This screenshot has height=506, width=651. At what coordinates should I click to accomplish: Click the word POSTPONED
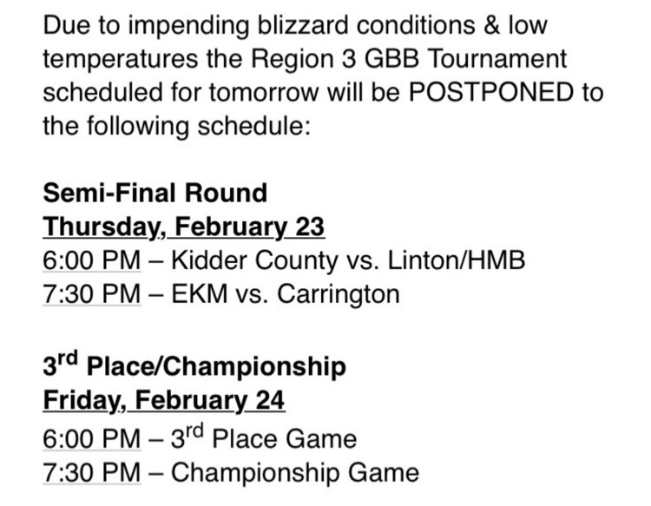pos(491,92)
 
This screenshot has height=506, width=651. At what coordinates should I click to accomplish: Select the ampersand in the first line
pos(491,25)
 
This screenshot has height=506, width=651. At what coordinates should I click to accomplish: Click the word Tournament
pos(496,58)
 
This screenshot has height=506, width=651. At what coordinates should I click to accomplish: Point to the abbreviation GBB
pos(391,58)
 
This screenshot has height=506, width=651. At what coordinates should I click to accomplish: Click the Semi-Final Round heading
pos(155,193)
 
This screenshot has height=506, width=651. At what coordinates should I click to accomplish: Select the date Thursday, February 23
pos(184,227)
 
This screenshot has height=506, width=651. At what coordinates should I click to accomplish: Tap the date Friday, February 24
pos(164,400)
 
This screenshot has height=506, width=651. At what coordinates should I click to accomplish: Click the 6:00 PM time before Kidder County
pos(92,260)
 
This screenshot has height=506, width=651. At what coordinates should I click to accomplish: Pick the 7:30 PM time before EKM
pos(92,294)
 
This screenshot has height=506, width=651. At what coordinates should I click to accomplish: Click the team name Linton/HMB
pos(457,260)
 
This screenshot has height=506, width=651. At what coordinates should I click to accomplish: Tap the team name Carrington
pos(339,295)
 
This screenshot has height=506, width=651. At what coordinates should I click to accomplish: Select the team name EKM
pos(200,294)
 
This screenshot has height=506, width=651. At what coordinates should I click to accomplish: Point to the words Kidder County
pos(254,260)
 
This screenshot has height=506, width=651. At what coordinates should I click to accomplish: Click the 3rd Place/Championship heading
pos(194,365)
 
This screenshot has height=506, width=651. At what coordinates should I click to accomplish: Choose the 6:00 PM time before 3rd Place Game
pos(92,439)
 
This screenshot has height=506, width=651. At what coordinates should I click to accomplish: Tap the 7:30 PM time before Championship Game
pos(92,473)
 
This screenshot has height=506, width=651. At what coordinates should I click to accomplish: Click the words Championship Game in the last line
pos(295,473)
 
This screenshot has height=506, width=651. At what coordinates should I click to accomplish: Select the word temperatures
pos(121,59)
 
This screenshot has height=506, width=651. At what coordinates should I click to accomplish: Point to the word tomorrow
pos(264,93)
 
